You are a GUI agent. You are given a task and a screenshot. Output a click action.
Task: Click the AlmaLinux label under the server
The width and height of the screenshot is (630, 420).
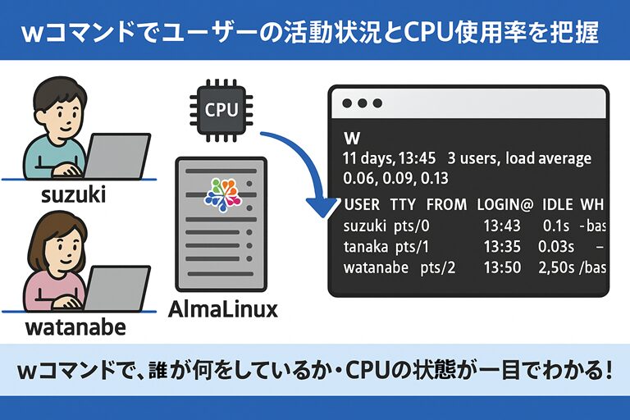(x=222, y=309)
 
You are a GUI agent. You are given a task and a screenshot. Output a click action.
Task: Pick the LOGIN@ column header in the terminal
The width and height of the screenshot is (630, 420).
(x=505, y=203)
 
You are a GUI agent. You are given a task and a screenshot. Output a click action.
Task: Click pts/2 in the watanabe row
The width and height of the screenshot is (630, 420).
(x=439, y=267)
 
